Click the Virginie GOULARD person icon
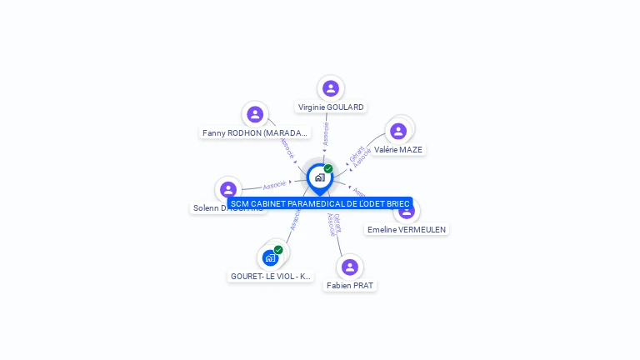coord(331,88)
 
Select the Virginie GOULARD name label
coord(331,107)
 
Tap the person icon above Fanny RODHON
coord(255,114)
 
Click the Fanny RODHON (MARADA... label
coord(255,132)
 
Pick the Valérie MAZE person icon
coord(398,131)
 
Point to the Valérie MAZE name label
coord(398,150)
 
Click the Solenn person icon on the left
coord(228,190)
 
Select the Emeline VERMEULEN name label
coord(407,229)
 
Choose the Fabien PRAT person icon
coord(350,267)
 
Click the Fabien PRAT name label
coord(350,285)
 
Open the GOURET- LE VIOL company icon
coord(270,257)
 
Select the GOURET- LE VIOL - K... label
coord(271,276)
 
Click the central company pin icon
coord(319,177)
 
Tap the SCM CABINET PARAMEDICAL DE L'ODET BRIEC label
coord(320,203)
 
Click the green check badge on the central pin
coord(328,168)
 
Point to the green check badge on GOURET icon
coord(278,249)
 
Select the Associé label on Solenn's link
coord(274,185)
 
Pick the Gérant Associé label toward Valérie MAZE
coord(359,156)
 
